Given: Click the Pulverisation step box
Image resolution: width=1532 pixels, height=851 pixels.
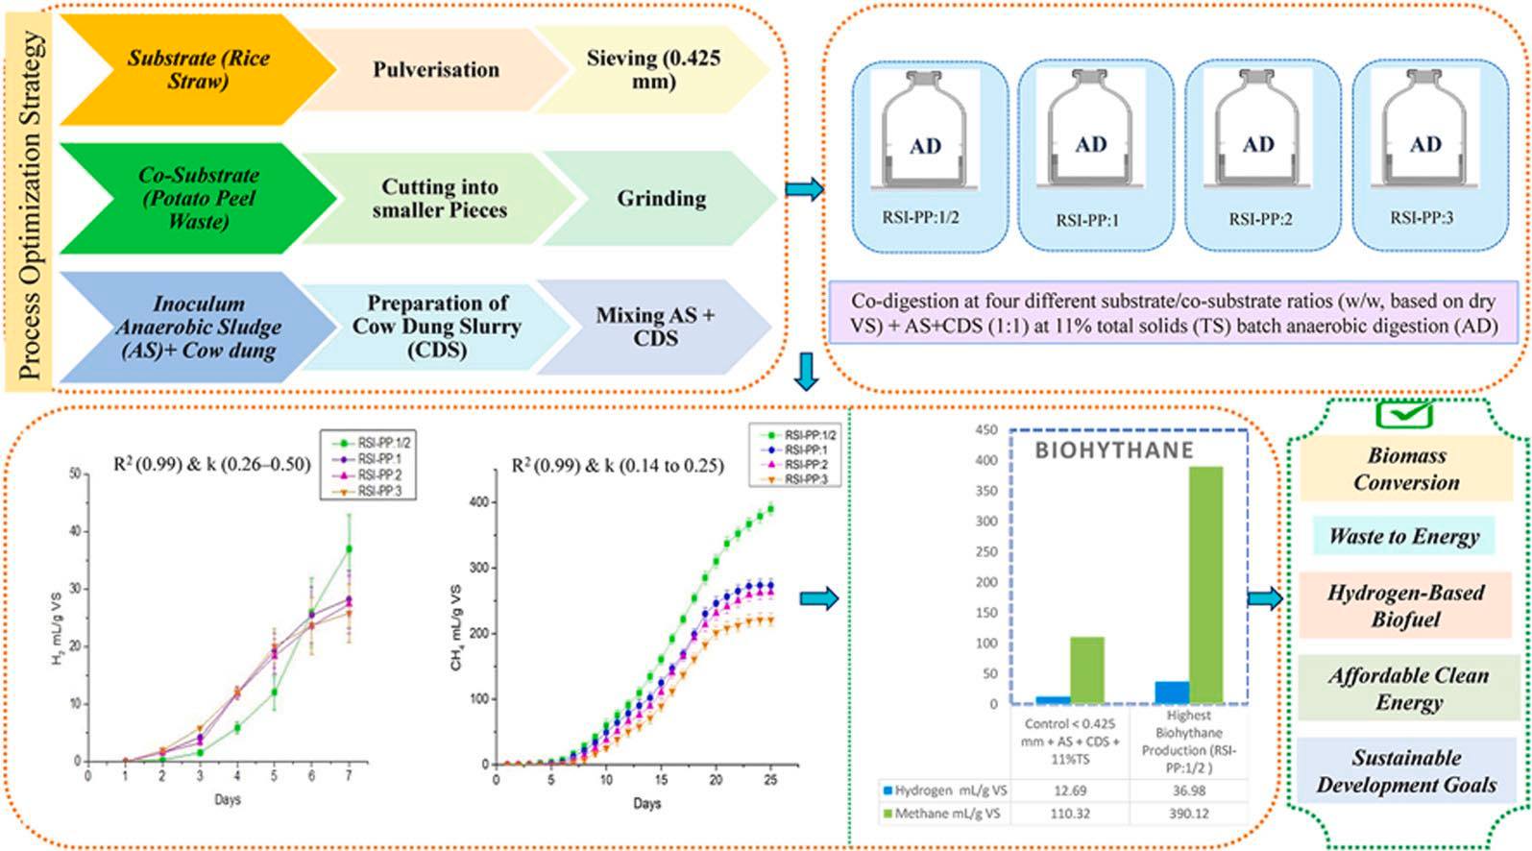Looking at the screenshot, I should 436,69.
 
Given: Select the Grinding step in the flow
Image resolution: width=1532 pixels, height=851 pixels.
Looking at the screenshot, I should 661,198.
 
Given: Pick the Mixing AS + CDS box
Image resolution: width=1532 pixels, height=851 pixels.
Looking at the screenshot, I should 655,327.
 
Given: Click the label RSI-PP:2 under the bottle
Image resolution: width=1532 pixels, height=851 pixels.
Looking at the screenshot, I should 1260,219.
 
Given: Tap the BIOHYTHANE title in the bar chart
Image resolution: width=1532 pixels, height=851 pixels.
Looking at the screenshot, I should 1113,450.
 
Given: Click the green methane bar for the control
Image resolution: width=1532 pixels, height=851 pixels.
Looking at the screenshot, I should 1087,669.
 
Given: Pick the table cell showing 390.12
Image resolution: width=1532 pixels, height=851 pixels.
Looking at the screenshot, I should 1188,814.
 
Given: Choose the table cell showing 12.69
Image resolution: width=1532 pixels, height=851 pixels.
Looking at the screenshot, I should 1070,790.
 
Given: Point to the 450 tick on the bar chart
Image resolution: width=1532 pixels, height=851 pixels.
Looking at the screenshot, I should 986,430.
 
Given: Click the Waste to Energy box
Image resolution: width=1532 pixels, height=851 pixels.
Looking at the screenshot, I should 1403,536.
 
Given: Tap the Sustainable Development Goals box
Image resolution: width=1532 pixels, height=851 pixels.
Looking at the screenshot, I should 1406,771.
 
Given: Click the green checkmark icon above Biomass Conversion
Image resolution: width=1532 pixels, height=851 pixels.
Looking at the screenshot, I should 1403,414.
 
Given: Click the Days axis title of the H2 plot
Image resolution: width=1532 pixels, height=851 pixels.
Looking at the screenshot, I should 228,799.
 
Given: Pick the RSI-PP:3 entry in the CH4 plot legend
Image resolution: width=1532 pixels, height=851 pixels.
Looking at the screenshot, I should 805,478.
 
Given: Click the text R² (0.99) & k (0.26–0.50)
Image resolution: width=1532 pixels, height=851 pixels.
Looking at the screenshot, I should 212,465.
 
